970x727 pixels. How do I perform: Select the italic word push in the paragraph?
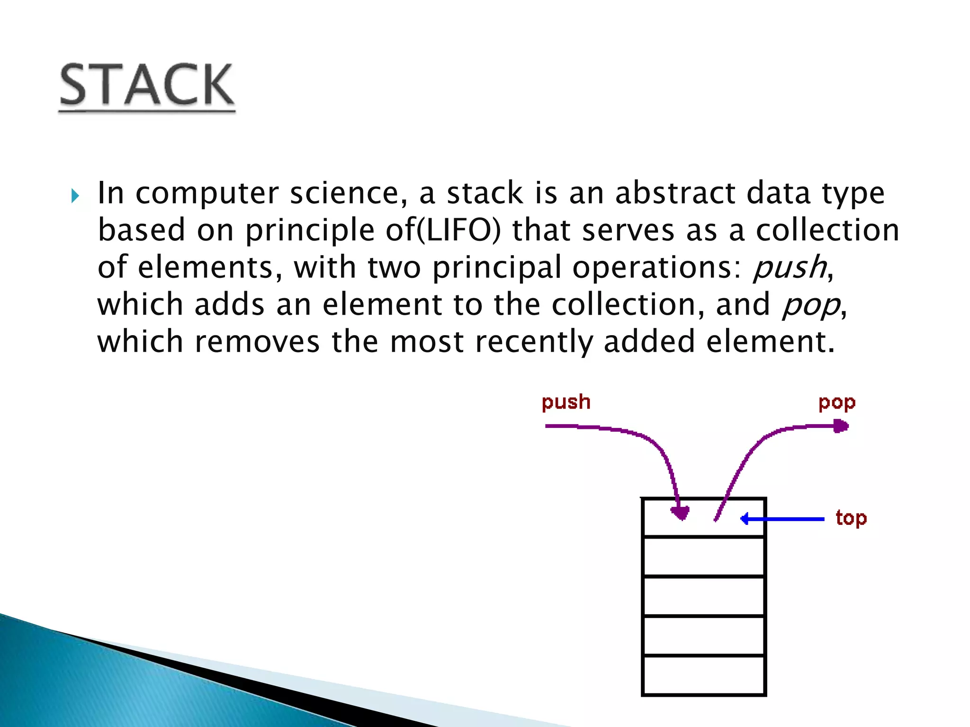coord(790,267)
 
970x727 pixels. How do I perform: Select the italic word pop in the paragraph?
coord(810,305)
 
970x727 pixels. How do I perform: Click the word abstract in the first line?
coord(674,193)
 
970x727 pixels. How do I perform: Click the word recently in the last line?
coord(533,342)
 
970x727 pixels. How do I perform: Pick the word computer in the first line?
coord(207,194)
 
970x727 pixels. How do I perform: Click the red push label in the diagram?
coord(566,402)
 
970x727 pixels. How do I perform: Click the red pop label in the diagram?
coord(837,403)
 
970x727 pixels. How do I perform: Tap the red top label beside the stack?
coord(851,518)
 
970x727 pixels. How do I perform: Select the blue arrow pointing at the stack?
coord(781,519)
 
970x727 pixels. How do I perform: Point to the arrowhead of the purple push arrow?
coord(681,513)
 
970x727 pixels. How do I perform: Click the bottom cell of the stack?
coord(704,675)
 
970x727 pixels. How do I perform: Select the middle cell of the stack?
coord(704,596)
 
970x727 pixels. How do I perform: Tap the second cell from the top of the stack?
coord(704,557)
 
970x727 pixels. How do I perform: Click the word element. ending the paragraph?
coord(770,342)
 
